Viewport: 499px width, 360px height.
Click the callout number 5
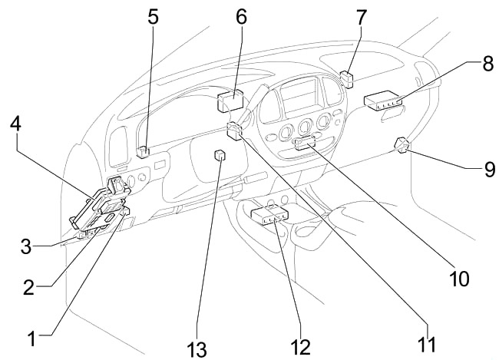pyautogui.click(x=154, y=15)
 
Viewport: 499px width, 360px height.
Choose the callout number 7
pyautogui.click(x=362, y=15)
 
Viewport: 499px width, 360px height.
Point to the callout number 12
pyautogui.click(x=301, y=346)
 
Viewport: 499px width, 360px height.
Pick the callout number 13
pyautogui.click(x=197, y=349)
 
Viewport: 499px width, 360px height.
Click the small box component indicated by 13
pyautogui.click(x=220, y=156)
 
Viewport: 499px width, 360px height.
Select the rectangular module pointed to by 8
pyautogui.click(x=383, y=99)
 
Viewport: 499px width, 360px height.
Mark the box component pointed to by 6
pyautogui.click(x=230, y=100)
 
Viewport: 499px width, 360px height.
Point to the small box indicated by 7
pyautogui.click(x=346, y=78)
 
